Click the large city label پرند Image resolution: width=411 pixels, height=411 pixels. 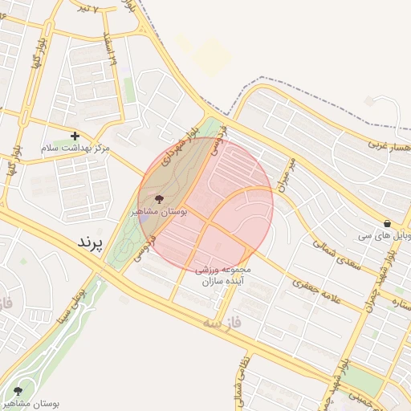[91, 242]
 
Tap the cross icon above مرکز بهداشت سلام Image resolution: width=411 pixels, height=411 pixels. [75, 136]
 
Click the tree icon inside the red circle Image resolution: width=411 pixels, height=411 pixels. [158, 198]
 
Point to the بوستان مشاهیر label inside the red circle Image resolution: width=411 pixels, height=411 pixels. [159, 212]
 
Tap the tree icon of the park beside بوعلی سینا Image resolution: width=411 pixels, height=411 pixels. [18, 391]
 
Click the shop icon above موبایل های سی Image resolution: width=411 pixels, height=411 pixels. [388, 223]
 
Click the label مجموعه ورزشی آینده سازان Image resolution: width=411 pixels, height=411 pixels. [224, 275]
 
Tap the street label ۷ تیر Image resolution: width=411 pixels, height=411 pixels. [84, 8]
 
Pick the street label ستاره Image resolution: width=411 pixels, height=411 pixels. [398, 306]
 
